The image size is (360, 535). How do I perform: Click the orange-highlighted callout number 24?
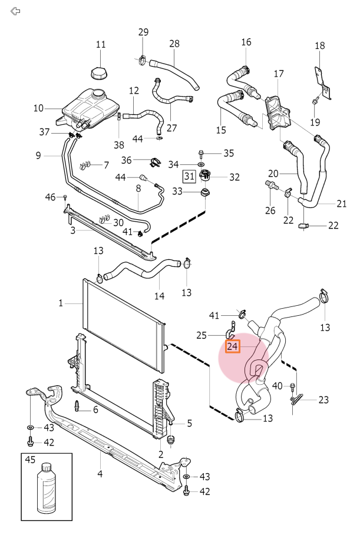(233, 347)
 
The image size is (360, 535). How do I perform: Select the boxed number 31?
(189, 176)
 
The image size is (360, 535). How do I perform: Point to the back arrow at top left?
(16, 11)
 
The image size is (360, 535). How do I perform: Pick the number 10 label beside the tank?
(39, 108)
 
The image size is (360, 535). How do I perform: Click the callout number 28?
(174, 44)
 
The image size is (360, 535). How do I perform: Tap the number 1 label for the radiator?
(61, 303)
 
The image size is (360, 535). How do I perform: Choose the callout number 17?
(279, 74)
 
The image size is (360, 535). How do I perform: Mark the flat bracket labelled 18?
(319, 78)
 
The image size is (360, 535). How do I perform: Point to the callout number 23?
(323, 399)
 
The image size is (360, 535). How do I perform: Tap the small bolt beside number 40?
(292, 387)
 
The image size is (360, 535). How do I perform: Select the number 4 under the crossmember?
(100, 473)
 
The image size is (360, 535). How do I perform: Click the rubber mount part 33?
(205, 193)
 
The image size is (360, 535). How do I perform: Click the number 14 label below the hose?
(158, 296)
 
